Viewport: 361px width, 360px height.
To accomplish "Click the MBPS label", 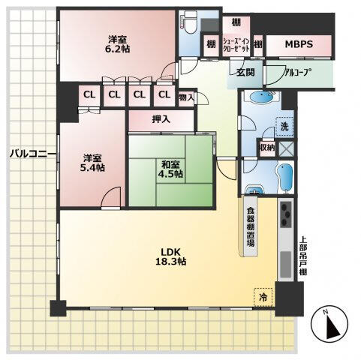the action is point(299,44).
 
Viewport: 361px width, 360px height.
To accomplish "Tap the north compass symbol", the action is point(329,324).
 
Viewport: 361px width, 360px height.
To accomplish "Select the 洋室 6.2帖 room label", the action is point(117,44).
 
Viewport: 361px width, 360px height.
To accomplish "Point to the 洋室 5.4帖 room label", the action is point(92,163).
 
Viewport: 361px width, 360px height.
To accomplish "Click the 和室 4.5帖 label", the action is point(170,169).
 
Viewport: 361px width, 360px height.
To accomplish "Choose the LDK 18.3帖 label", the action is point(170,256).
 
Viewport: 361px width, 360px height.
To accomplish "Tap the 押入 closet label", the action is point(161,119).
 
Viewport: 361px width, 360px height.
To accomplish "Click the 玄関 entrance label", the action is point(245,72).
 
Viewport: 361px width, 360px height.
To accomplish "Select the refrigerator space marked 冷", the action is point(263,297).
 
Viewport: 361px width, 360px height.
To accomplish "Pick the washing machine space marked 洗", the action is point(284,127).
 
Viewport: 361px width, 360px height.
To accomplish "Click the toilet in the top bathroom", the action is point(189,22).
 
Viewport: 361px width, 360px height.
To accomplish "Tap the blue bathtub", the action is point(284,178).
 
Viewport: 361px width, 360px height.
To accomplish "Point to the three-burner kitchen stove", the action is point(286,214).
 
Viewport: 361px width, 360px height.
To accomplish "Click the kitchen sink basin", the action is point(286,265).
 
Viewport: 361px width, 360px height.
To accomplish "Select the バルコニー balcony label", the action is point(33,153).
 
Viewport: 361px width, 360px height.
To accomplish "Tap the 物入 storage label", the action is point(186,97).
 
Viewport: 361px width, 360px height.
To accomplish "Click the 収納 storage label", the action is point(267,148).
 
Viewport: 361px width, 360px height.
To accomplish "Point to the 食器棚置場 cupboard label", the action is point(251,226).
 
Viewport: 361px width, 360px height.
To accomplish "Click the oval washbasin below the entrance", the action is point(262,97).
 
